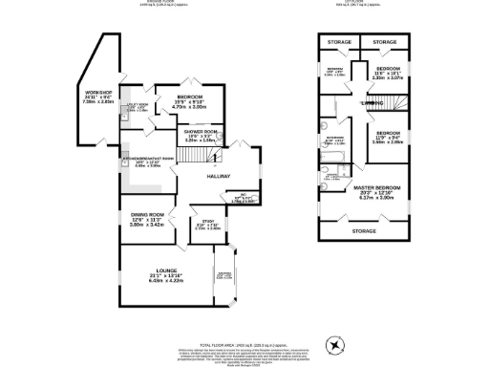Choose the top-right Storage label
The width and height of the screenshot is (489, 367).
pyautogui.click(x=384, y=42)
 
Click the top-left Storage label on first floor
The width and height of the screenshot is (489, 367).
pyautogui.click(x=337, y=42)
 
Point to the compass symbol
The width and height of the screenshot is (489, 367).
pyautogui.click(x=335, y=343)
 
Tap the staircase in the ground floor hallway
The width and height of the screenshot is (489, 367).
pyautogui.click(x=250, y=158)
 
